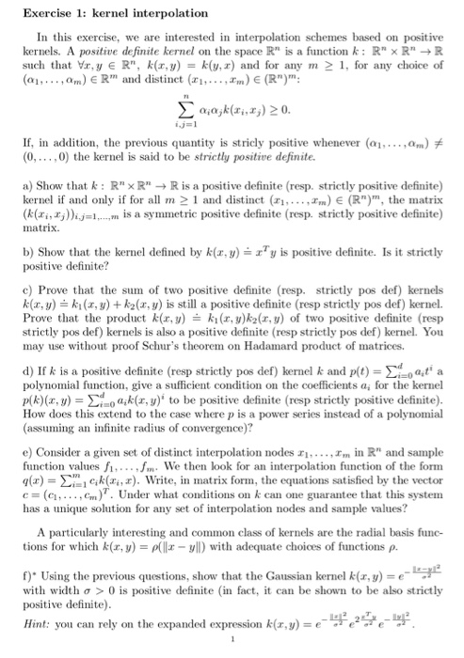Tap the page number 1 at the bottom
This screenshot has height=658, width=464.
pos(232,645)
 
